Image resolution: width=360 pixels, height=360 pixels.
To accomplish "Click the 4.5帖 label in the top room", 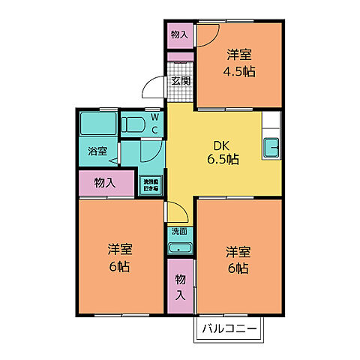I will coord(238,73).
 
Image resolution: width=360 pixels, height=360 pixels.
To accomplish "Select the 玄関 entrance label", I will coord(179,80).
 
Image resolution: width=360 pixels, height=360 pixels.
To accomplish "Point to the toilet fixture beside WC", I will coord(135,123).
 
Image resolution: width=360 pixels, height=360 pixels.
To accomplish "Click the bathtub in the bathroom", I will coord(97,122).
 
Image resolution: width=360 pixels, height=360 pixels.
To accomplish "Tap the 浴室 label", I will coord(97,151).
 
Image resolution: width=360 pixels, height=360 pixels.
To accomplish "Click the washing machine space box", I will coord(152,183).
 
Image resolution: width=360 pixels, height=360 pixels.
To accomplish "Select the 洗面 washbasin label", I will coord(178,231).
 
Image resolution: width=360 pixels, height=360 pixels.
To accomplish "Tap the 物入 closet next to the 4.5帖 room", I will coord(178,34).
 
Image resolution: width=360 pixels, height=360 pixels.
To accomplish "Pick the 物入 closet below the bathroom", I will coord(105,182).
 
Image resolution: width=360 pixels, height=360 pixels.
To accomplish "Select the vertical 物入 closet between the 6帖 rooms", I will coord(180,286).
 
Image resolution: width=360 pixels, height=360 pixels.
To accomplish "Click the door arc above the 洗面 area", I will coord(174,212).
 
